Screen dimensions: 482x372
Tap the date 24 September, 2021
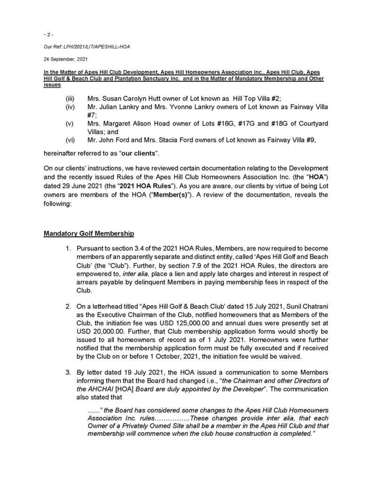pos(61,59)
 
